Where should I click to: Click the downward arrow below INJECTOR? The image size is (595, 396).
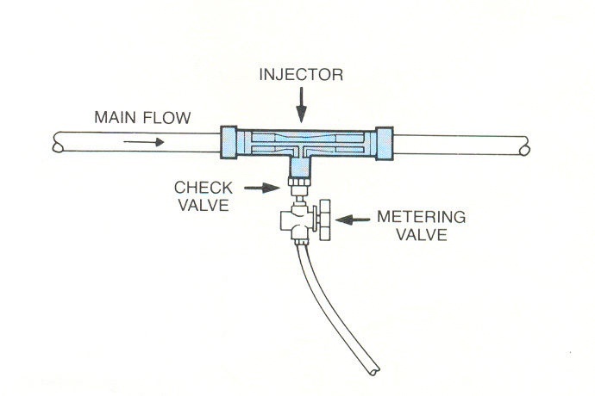[x=299, y=108]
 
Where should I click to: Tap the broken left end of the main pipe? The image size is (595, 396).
[x=58, y=141]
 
